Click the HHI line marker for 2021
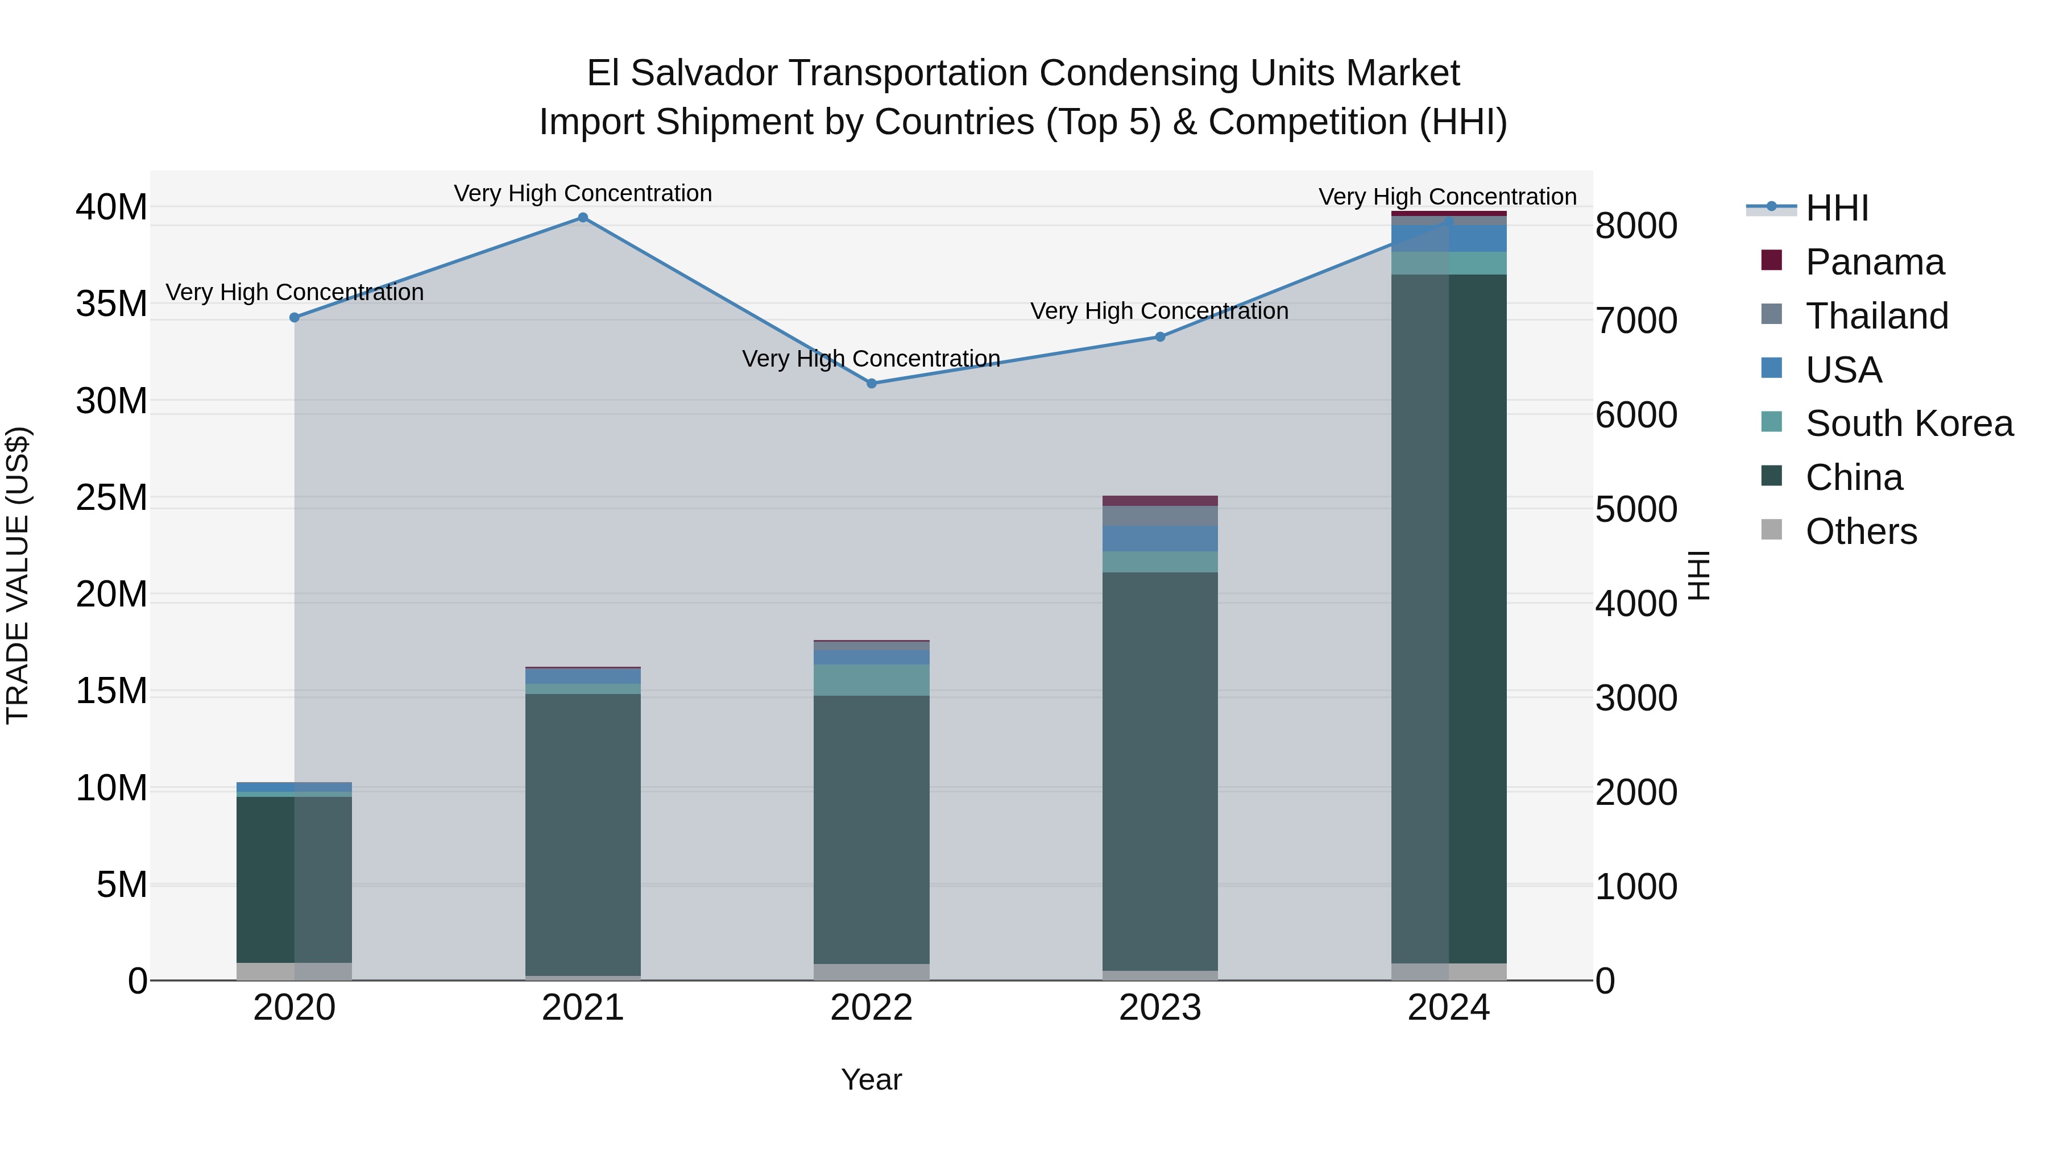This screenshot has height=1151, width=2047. click(x=582, y=218)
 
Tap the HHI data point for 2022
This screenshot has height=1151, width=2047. click(x=871, y=383)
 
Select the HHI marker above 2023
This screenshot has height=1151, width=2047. click(x=1159, y=337)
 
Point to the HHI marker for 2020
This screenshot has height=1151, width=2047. click(x=294, y=317)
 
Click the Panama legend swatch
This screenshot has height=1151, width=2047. click(x=1771, y=260)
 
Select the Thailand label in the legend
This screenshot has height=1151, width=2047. click(x=1876, y=316)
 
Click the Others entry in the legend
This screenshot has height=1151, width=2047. click(x=1860, y=531)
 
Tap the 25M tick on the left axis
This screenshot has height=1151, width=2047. click(x=111, y=498)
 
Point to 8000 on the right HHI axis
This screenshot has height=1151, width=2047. click(x=1636, y=226)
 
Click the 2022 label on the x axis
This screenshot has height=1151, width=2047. click(x=871, y=1008)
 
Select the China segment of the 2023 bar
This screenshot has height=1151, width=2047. click(x=1159, y=771)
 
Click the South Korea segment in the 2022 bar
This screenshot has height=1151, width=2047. click(x=871, y=680)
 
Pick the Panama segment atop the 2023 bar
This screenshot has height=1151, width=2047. click(x=1159, y=500)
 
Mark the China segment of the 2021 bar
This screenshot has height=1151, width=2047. click(x=582, y=834)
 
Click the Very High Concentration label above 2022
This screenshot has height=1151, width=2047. click(x=871, y=359)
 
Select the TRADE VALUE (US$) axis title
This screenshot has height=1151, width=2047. click(x=18, y=575)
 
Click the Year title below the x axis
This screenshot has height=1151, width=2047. click(x=871, y=1079)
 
